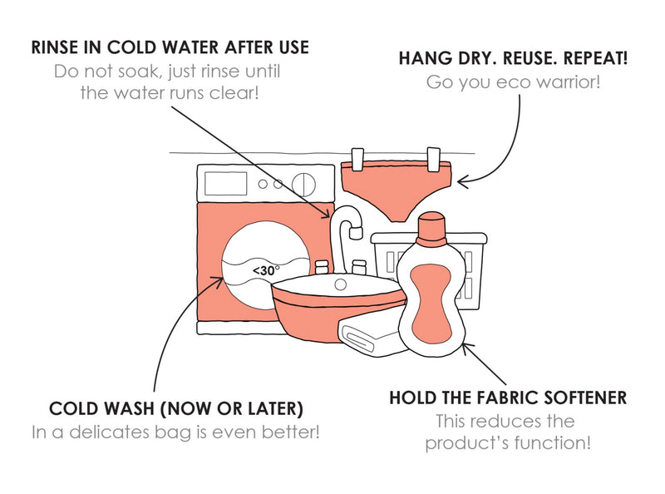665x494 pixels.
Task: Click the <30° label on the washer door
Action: [x=266, y=270]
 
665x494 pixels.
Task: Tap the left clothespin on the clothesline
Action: [x=358, y=159]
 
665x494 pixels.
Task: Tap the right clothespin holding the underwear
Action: [x=433, y=159]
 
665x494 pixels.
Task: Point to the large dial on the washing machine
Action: [x=303, y=184]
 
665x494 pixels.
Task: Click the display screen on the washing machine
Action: [x=225, y=183]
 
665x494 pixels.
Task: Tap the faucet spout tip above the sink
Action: [x=355, y=232]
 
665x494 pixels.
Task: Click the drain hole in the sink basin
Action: [x=340, y=284]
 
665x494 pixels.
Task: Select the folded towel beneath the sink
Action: [x=369, y=338]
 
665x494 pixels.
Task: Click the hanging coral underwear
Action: [x=397, y=190]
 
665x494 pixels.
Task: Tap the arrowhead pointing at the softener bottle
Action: [x=467, y=348]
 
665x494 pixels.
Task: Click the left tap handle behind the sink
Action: [x=322, y=267]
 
